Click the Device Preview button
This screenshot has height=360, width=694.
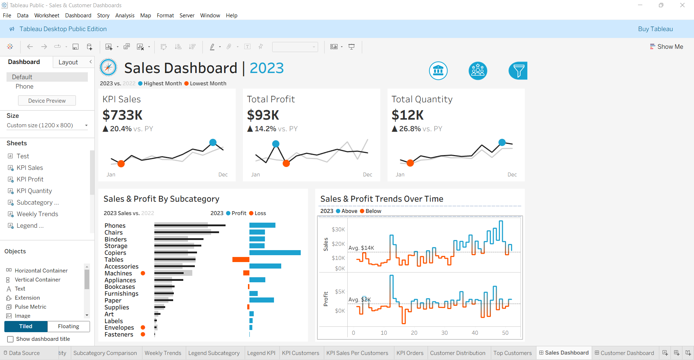point(47,100)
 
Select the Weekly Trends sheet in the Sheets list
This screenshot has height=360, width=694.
point(37,214)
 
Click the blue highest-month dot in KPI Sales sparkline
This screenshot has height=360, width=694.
point(213,142)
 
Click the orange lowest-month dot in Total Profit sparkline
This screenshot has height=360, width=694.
point(286,163)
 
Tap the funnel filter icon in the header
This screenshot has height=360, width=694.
point(518,70)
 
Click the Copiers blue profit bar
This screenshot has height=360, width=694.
point(275,253)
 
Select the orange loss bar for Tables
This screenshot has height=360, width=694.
point(241,260)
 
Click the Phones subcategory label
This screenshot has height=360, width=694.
point(115,226)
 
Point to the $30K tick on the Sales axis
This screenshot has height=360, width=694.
point(338,230)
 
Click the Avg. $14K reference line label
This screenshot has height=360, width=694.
point(361,248)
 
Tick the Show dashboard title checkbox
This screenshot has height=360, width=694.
point(10,339)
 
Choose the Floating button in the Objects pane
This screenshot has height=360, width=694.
point(68,326)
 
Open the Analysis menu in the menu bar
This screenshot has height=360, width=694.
point(125,16)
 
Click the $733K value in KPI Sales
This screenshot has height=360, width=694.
point(123,115)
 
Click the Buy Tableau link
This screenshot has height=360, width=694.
point(655,29)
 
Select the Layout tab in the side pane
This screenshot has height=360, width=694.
point(68,62)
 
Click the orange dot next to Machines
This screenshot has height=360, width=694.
point(143,273)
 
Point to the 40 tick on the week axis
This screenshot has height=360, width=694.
point(475,333)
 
